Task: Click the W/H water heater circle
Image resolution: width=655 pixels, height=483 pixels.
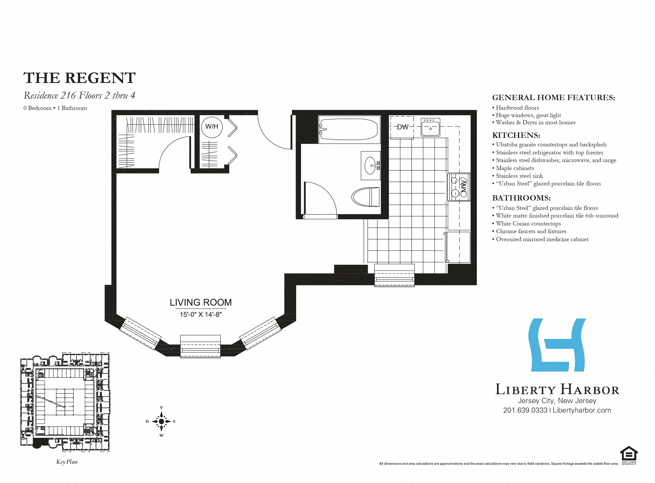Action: click(212, 127)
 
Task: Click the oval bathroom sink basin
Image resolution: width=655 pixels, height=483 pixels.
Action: click(370, 165)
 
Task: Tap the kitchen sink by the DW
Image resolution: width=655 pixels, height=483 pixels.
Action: click(430, 127)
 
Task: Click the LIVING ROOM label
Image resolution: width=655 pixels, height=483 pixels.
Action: click(201, 302)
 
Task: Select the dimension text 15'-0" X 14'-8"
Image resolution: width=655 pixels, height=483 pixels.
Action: click(201, 315)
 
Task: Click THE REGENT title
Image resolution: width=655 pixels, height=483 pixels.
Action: click(79, 78)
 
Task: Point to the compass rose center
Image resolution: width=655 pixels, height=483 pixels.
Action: click(161, 421)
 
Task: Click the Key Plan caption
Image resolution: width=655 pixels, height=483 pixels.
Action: click(67, 462)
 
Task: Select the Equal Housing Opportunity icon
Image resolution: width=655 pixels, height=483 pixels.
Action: click(629, 454)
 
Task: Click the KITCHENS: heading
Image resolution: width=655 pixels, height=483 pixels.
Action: click(516, 135)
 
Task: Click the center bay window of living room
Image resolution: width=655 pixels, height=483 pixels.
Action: click(200, 346)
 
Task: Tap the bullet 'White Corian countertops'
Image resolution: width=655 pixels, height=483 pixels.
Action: click(528, 224)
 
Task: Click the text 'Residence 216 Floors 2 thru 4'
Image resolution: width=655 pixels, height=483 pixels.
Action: click(79, 96)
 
